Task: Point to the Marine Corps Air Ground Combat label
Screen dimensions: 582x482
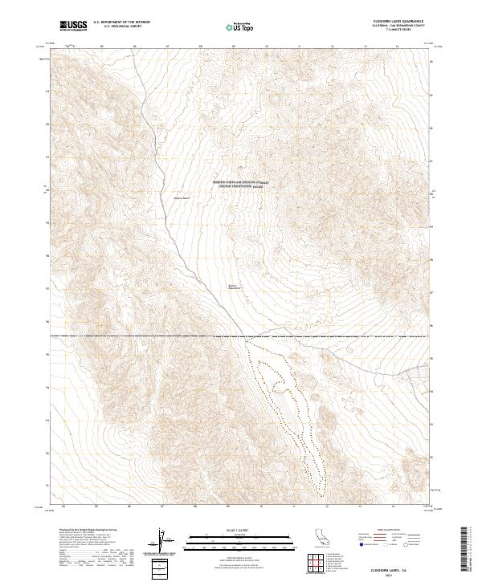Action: (x=241, y=182)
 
